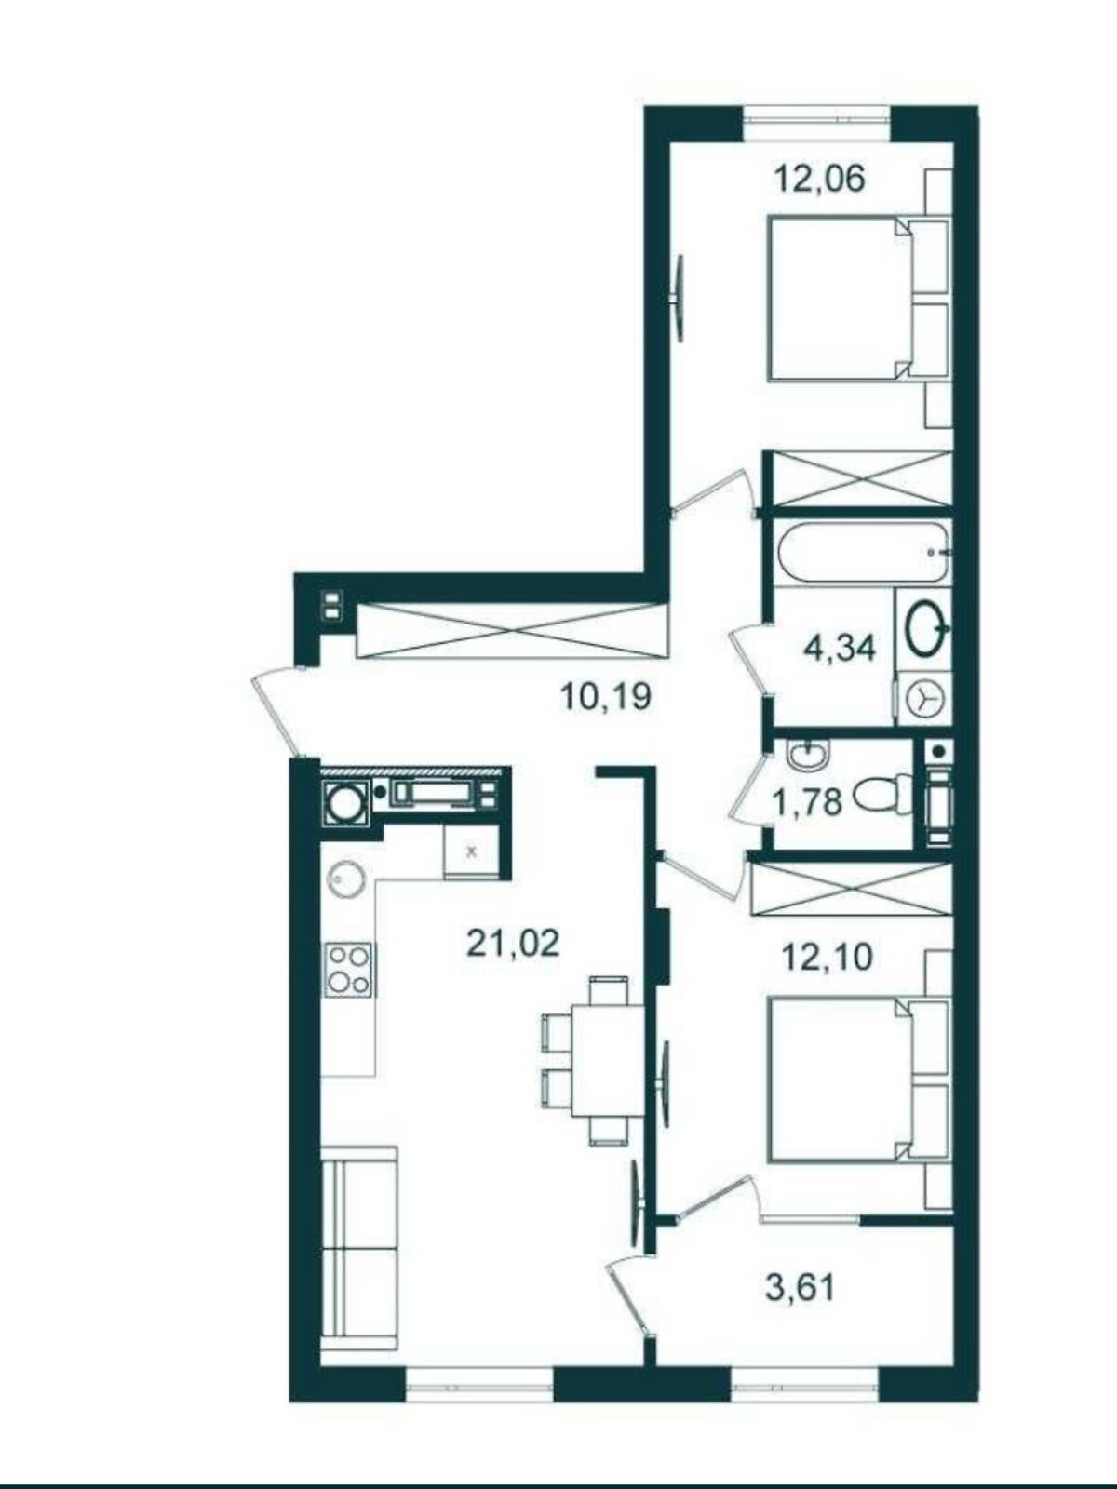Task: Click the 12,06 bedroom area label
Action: (x=821, y=179)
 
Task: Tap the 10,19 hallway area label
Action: (x=606, y=696)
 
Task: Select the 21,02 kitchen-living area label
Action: (x=514, y=944)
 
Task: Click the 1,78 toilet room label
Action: (x=806, y=802)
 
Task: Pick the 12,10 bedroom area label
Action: (x=827, y=958)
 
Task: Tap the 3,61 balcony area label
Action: (x=800, y=1284)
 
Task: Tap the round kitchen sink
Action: (x=346, y=880)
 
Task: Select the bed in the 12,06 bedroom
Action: (x=858, y=299)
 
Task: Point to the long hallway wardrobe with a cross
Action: (x=511, y=630)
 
